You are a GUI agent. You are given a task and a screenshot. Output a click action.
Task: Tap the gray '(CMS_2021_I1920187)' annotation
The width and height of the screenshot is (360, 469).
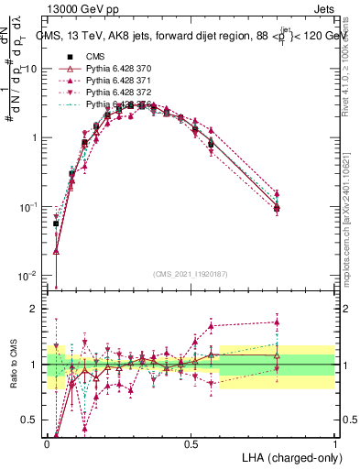(x=191, y=274)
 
